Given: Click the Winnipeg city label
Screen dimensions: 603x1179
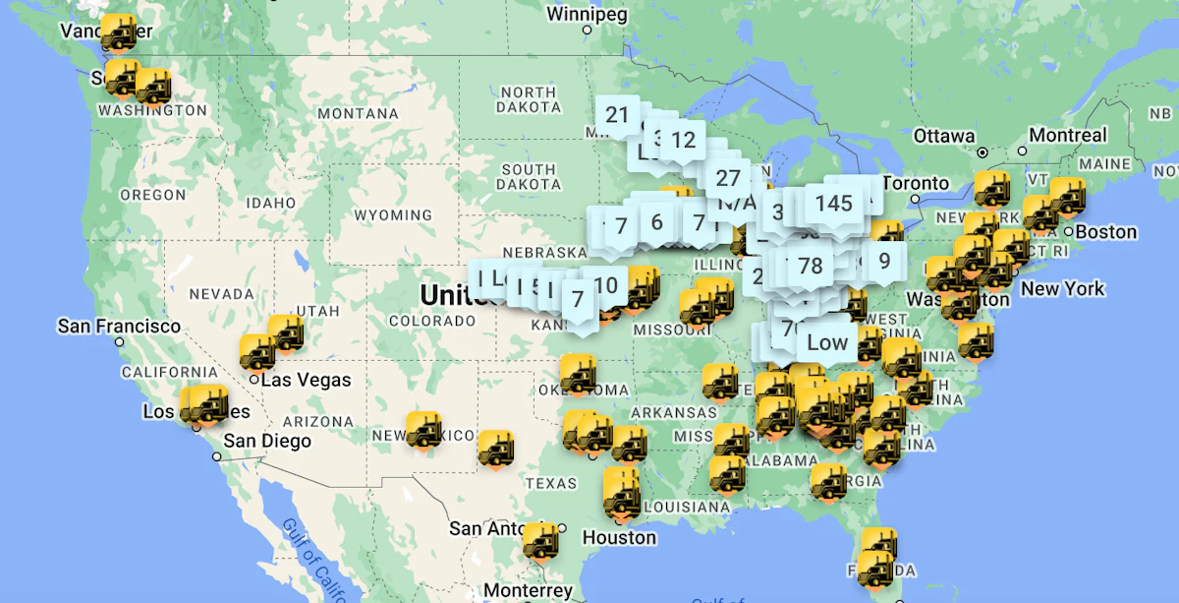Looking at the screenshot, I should click(587, 14).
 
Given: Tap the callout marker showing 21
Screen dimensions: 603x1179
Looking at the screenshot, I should click(617, 115).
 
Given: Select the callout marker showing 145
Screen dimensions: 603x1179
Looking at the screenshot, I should click(834, 204).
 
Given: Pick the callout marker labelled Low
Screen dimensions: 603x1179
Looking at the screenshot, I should click(827, 342).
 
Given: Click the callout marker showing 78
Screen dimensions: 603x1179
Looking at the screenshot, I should click(811, 266).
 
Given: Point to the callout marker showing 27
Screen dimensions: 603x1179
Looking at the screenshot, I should click(728, 178).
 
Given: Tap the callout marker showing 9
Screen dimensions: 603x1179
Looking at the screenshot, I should click(884, 261).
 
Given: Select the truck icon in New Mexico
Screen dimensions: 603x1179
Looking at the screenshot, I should click(423, 430).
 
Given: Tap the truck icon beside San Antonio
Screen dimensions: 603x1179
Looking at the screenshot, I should click(540, 540).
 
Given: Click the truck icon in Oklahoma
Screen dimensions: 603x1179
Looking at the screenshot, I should click(578, 374).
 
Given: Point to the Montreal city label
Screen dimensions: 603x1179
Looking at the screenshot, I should click(1067, 136).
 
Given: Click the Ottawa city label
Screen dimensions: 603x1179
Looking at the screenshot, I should click(943, 136).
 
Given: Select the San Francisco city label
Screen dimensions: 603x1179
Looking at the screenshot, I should click(119, 326).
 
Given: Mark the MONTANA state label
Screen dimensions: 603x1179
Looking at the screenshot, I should click(358, 114).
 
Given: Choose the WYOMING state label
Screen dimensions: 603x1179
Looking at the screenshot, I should click(393, 214).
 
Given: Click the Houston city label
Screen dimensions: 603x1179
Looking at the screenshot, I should click(619, 537).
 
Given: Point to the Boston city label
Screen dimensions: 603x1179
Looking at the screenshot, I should click(1106, 232).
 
